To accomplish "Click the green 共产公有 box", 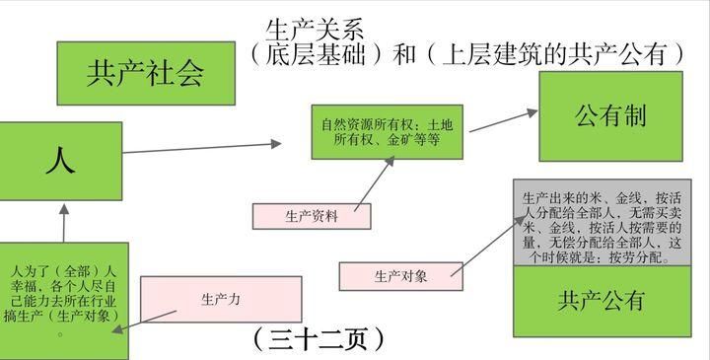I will [601, 300].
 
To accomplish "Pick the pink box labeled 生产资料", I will [311, 216].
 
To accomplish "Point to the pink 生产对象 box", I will [399, 276].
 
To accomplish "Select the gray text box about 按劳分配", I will [601, 222].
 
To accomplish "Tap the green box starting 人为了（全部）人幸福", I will [63, 298].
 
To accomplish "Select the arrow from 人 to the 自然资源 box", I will [202, 148].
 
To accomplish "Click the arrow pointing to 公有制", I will [503, 120].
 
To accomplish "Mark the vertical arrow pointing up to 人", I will [63, 221].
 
